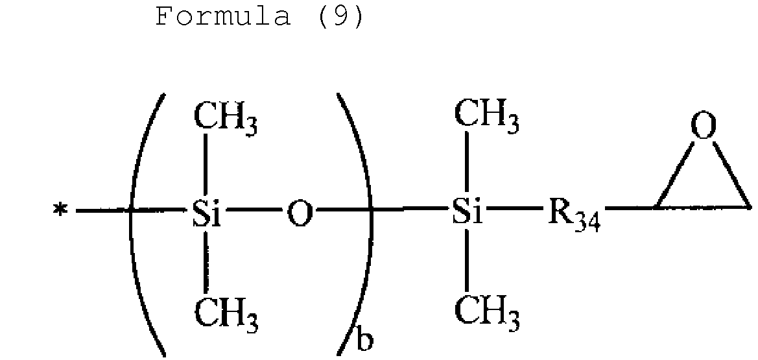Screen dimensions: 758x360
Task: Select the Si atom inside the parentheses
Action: click(206, 213)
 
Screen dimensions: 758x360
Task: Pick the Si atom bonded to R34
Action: click(468, 213)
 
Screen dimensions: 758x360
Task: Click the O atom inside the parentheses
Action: click(300, 214)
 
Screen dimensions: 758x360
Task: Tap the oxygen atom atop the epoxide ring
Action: click(704, 126)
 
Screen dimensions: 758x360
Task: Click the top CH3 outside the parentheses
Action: click(487, 117)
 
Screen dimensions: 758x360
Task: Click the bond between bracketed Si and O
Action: click(254, 210)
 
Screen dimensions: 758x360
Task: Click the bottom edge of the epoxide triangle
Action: click(704, 207)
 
